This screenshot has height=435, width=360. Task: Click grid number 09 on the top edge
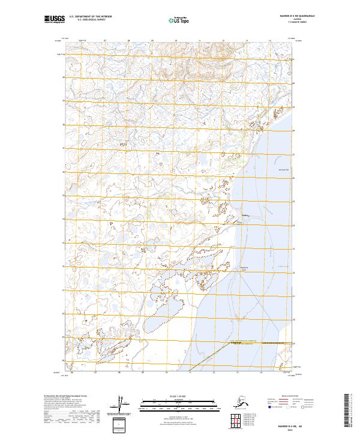click(x=152, y=41)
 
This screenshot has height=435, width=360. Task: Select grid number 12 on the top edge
click(x=223, y=41)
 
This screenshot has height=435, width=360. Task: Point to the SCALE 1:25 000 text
click(x=162, y=397)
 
